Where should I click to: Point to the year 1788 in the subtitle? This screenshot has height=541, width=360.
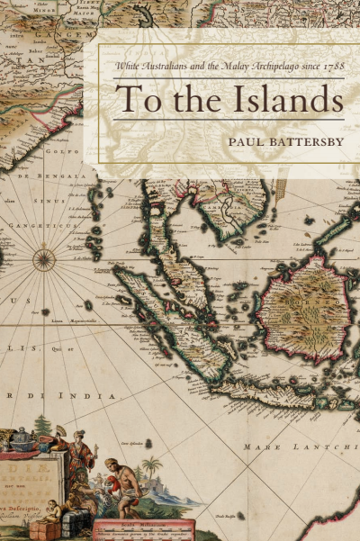[332, 66]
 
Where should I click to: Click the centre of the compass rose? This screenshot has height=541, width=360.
[43, 261]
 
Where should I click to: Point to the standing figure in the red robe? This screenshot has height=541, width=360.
[79, 450]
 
